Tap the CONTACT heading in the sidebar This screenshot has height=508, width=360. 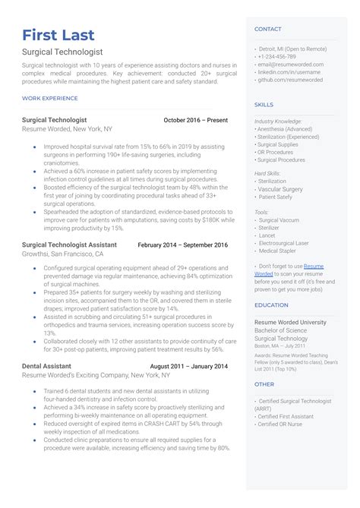point(267,29)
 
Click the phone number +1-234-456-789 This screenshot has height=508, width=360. point(278,57)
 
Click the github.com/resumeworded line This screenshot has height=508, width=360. point(291,80)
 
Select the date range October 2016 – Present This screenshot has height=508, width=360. point(195,120)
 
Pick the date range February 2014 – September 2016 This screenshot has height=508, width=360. point(182,245)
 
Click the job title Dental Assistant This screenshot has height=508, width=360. point(48,367)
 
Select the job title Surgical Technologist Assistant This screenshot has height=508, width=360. point(70,245)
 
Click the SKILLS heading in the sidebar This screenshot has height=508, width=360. point(264,105)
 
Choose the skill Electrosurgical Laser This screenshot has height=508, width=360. point(283,243)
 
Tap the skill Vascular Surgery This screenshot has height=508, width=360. point(281,189)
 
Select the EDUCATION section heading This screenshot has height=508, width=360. point(271,305)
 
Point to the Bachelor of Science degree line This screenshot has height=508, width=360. point(280,330)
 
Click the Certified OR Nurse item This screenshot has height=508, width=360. point(281,424)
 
